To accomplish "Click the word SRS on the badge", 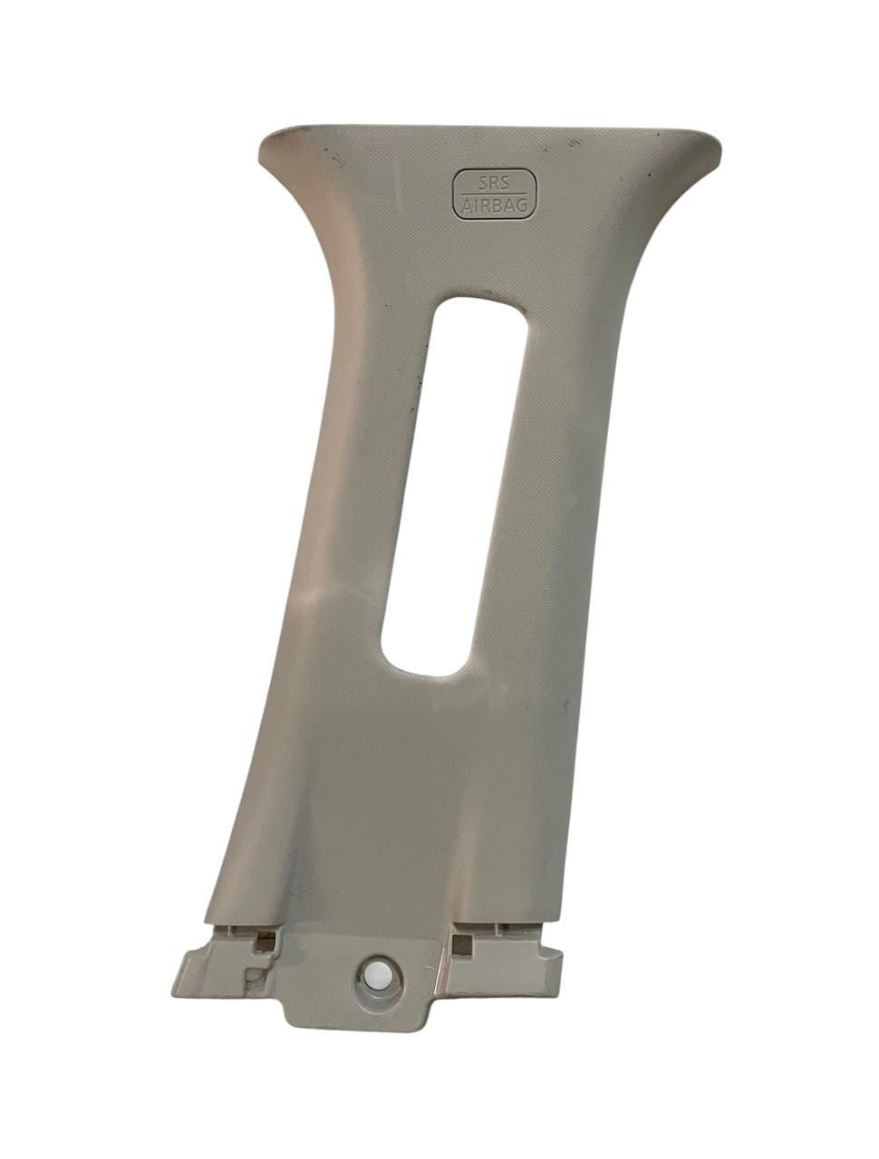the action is (494, 184).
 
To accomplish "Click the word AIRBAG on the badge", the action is (495, 205).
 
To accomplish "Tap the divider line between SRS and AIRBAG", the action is (494, 195).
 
